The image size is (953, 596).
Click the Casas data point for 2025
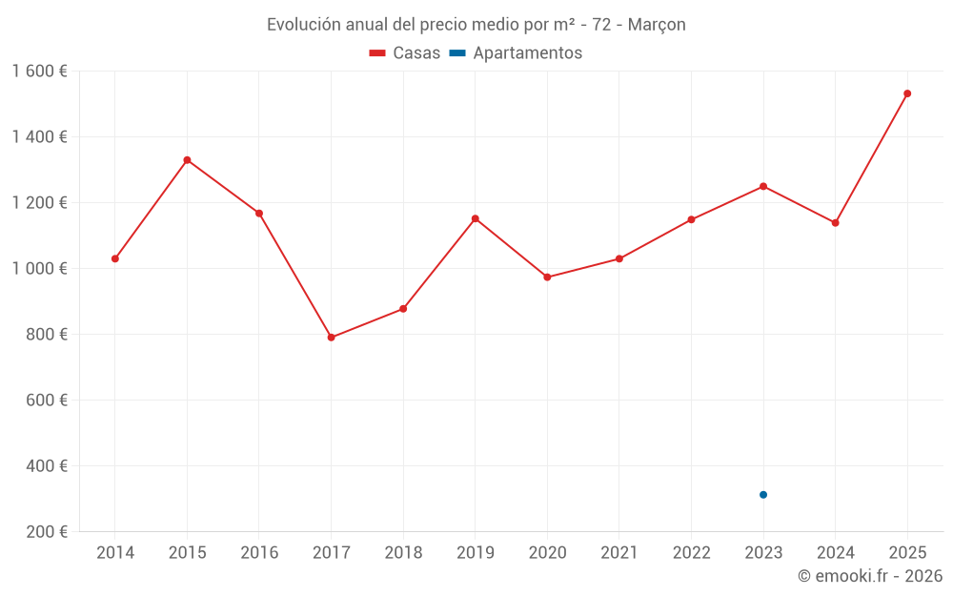(x=907, y=93)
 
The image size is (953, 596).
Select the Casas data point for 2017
(x=331, y=338)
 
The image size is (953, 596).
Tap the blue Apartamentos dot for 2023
(x=763, y=495)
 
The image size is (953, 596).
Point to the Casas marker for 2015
(x=187, y=160)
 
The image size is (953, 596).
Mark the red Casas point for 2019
(x=476, y=218)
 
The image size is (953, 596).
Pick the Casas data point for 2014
(x=115, y=258)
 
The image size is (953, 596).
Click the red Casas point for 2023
(x=763, y=186)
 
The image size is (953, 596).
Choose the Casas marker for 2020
(x=547, y=277)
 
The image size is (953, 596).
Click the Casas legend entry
(x=405, y=53)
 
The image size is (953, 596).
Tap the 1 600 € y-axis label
(x=39, y=72)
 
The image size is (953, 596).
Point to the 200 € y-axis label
(x=46, y=532)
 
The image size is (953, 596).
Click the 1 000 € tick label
(x=39, y=269)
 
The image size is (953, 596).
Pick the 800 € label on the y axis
(x=46, y=335)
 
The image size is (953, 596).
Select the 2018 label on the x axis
(x=403, y=553)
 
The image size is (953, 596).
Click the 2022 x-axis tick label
(x=691, y=553)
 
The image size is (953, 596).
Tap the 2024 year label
(x=835, y=553)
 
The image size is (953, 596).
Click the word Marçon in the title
(x=657, y=25)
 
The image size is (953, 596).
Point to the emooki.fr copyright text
(x=870, y=576)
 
